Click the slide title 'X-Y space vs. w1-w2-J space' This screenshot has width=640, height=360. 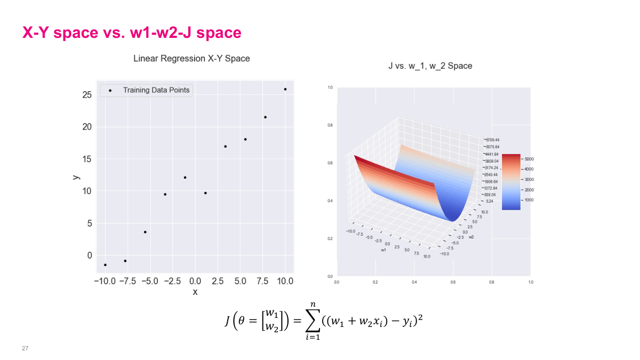132,33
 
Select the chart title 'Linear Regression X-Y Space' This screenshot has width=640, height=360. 191,59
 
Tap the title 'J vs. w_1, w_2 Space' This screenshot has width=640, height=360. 430,66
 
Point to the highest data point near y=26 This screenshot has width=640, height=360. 285,90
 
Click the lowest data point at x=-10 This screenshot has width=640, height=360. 105,265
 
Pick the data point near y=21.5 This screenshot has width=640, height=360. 265,117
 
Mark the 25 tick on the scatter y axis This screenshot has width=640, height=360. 87,95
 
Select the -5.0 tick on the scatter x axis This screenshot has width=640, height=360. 148,281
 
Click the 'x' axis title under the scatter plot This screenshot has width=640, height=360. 195,292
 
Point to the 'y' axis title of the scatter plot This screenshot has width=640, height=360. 76,175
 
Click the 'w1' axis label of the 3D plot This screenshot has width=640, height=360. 383,250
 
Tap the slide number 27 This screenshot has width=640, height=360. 25,348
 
